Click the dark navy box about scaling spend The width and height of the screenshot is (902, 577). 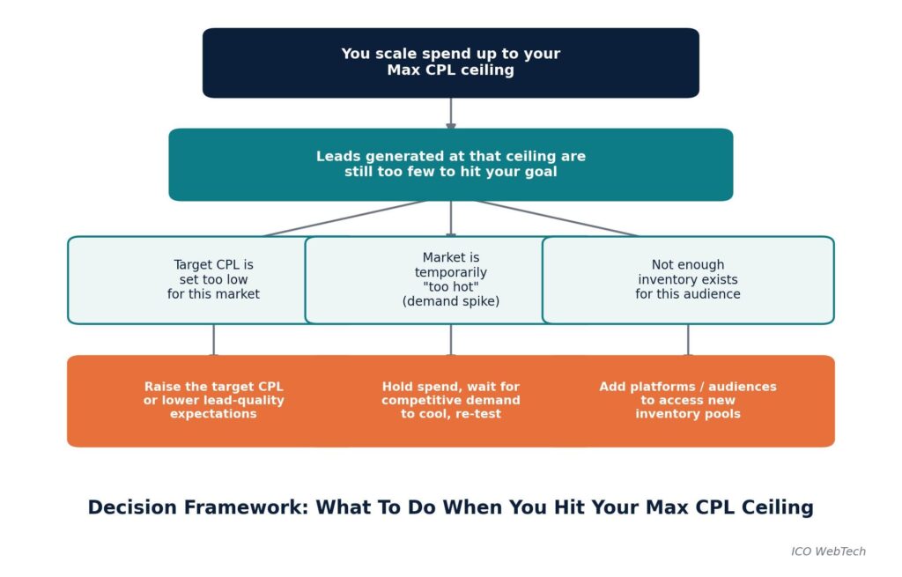pyautogui.click(x=451, y=63)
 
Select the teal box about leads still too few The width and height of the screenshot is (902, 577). pyautogui.click(x=451, y=165)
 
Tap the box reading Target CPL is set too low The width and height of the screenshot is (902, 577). pyautogui.click(x=213, y=279)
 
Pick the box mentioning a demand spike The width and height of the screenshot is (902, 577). pyautogui.click(x=451, y=279)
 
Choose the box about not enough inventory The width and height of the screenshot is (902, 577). pyautogui.click(x=688, y=279)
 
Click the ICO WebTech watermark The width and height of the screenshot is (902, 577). pyautogui.click(x=828, y=551)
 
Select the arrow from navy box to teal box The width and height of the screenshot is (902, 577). pyautogui.click(x=451, y=114)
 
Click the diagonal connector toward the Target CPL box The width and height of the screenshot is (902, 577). pyautogui.click(x=344, y=218)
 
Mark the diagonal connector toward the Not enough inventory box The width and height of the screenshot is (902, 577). pyautogui.click(x=557, y=218)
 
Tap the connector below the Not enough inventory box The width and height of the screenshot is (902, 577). pyautogui.click(x=688, y=339)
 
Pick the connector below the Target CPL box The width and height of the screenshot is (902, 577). pyautogui.click(x=213, y=339)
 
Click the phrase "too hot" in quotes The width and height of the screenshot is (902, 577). pyautogui.click(x=451, y=286)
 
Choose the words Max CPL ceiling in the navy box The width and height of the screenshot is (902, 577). pyautogui.click(x=451, y=70)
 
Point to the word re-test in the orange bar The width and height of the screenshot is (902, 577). pyautogui.click(x=479, y=414)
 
